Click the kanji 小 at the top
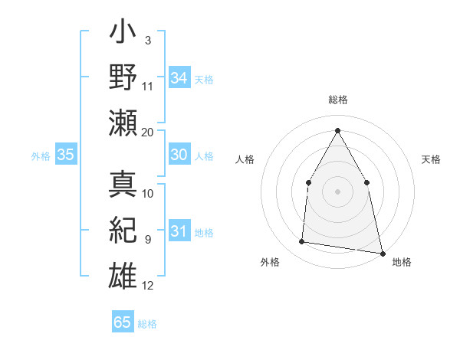pos(123,34)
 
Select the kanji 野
pos(123,77)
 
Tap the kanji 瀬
pos(123,122)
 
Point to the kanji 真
pos(123,185)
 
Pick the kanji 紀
pos(123,230)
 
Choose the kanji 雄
pos(123,274)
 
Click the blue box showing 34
pos(179,78)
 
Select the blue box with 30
pos(179,155)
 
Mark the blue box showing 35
pos(65,155)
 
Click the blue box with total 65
pos(123,322)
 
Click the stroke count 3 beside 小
pos(148,40)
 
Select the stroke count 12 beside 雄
pos(148,286)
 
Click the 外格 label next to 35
pos(41,156)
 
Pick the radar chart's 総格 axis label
pos(337,100)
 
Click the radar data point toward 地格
pos(382,253)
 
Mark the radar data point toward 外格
pos(301,242)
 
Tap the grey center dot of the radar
pos(337,191)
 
